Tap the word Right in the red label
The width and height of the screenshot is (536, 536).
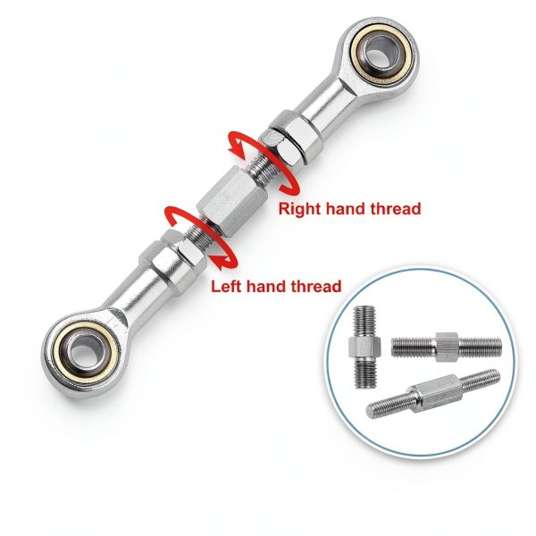(299, 208)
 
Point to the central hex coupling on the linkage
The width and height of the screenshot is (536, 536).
(232, 200)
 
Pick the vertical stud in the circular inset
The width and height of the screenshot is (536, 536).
(364, 347)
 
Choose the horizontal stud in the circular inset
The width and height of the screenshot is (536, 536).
(447, 347)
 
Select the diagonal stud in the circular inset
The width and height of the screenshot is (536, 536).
(432, 394)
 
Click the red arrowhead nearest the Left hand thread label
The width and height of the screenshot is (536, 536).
(219, 262)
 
